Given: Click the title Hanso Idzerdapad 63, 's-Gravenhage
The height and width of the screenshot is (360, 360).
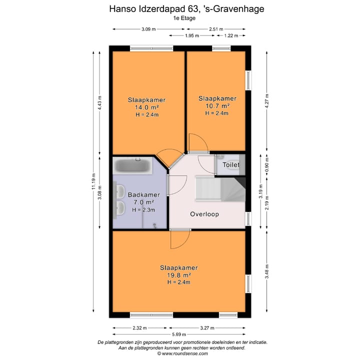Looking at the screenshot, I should tap(180, 8).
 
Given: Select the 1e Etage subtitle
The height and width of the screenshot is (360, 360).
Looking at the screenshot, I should tap(180, 17).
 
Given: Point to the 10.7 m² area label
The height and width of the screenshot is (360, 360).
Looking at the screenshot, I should tap(217, 105).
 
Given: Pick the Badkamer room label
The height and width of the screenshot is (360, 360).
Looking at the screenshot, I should tap(144, 195).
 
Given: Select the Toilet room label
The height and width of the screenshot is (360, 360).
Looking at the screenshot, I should tap(231, 164).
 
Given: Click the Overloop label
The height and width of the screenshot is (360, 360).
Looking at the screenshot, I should tap(204, 214).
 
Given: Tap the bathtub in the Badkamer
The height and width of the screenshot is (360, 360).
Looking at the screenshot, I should tap(132, 165).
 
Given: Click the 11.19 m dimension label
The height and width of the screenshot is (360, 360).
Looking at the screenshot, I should tap(93, 189).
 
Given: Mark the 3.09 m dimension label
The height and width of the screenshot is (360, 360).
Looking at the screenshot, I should tap(148, 29).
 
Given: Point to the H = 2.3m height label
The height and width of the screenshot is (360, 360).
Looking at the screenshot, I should tap(144, 210).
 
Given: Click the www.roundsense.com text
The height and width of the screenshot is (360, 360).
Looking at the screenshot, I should tap(180, 353).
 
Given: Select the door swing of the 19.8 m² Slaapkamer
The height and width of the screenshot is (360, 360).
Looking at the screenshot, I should tap(178, 240).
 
